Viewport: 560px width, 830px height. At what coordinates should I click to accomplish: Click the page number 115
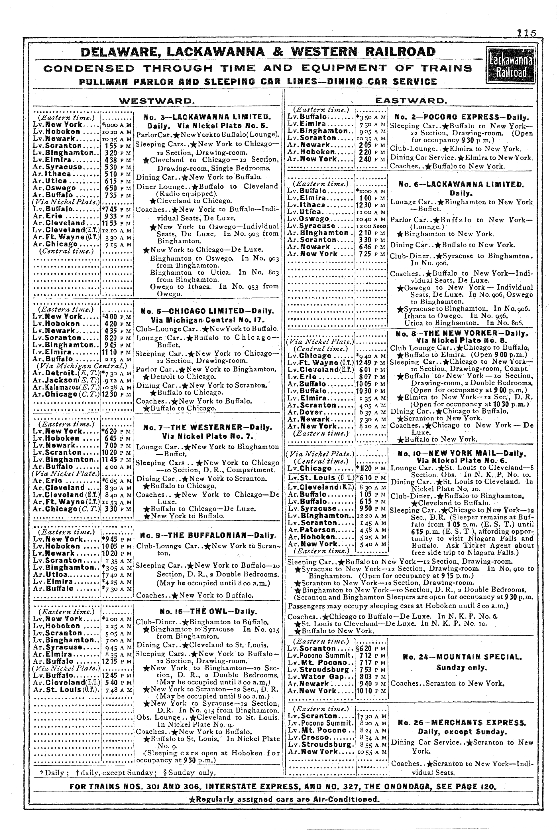click(526, 33)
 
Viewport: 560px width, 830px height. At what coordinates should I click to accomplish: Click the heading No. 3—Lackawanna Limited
click(207, 117)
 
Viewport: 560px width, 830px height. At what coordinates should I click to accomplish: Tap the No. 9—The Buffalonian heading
click(207, 535)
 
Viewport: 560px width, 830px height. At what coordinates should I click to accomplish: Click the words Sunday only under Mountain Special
click(461, 667)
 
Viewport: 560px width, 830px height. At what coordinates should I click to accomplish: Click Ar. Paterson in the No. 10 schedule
click(311, 530)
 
